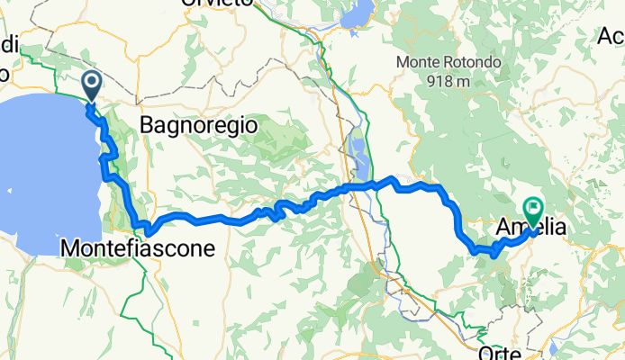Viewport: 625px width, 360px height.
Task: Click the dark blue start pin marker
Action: (93, 87)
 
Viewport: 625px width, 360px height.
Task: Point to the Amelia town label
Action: (531, 229)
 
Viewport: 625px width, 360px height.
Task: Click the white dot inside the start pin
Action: (93, 83)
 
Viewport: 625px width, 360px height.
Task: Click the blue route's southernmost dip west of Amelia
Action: (494, 255)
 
